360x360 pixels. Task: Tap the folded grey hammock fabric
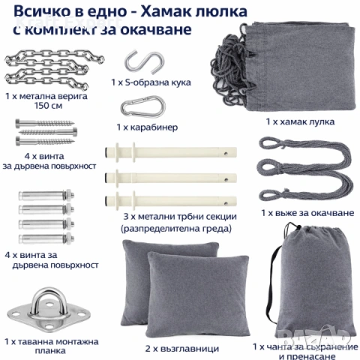pos(289,64)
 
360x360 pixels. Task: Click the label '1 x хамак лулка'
pos(299,121)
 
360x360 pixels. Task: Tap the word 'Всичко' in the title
pos(34,10)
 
